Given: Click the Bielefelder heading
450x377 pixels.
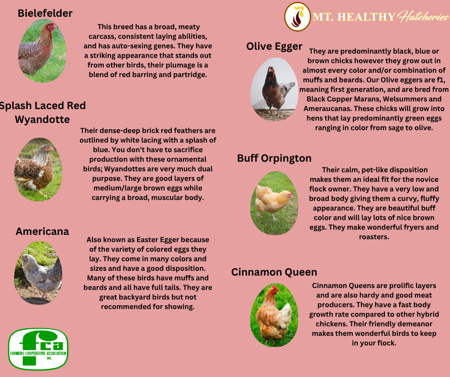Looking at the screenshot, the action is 45,13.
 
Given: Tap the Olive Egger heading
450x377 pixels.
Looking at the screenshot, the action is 274,46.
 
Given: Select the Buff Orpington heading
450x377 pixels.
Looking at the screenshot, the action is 274,158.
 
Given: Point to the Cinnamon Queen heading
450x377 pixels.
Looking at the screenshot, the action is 274,272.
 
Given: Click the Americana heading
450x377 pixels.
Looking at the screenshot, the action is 42,232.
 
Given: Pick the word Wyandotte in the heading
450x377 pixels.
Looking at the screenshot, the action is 42,119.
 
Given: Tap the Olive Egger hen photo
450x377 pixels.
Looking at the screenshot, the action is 274,89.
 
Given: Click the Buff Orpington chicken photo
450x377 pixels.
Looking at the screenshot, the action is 274,203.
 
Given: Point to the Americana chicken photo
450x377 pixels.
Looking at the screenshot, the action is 38,273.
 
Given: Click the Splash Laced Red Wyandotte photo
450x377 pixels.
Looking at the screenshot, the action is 38,169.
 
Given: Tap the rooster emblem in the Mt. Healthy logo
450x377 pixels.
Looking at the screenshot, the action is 298,17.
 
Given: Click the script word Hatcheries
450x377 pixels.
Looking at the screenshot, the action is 423,17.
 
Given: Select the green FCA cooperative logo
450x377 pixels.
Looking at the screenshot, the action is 38,349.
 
